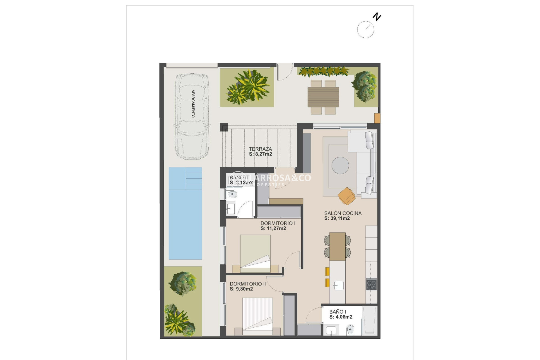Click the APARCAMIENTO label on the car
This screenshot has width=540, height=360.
pos(193,103)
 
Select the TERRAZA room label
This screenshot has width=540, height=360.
pos(260,149)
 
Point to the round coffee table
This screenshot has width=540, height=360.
pos(340,165)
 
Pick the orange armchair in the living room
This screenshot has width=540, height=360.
pos(347,196)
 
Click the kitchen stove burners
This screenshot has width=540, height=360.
pos(371,284)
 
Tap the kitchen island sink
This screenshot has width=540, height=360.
pos(338,285)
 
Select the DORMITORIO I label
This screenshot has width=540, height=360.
pos(278,223)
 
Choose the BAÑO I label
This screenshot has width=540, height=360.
pos(337,312)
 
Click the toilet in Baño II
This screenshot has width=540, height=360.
pos(232,194)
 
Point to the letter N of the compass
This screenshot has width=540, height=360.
pos(377,17)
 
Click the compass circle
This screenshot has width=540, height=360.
pos(365,30)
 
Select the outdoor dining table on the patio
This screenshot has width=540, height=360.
pos(323,97)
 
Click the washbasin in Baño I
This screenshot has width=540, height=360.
pos(331,330)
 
